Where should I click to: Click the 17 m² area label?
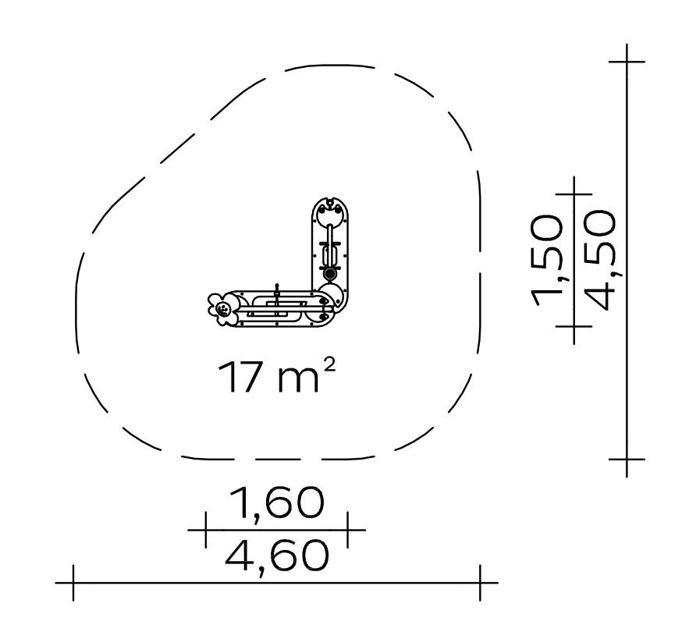point(277,376)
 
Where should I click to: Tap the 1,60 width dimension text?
point(277,502)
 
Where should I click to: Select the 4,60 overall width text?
point(277,556)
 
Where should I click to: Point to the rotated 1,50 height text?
point(547,260)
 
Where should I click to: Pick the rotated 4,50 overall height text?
point(601,260)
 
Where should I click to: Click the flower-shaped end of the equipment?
point(223,309)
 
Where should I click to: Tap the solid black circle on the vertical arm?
point(329,274)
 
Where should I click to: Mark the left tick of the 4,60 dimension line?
point(73,583)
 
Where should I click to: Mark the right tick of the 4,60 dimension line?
point(481,583)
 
